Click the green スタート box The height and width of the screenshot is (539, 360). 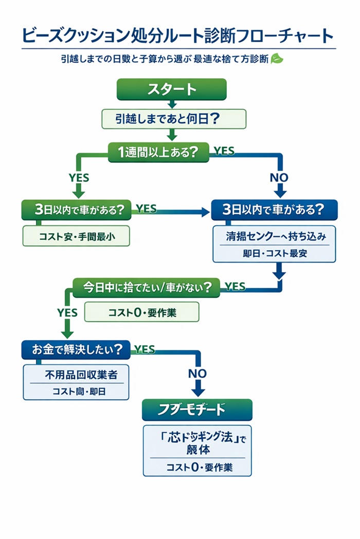[172, 89]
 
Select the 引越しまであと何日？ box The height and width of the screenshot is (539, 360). [174, 119]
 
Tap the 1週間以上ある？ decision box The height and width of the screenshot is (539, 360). [158, 152]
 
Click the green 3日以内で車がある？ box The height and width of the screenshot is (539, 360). [76, 210]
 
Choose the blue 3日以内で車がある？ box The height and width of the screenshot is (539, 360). [274, 210]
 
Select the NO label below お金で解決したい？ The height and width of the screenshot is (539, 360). [197, 373]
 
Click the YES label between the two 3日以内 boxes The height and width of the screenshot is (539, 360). [146, 208]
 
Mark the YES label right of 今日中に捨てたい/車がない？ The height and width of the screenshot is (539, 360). [235, 286]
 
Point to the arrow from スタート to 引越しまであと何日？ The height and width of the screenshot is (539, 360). [172, 104]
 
